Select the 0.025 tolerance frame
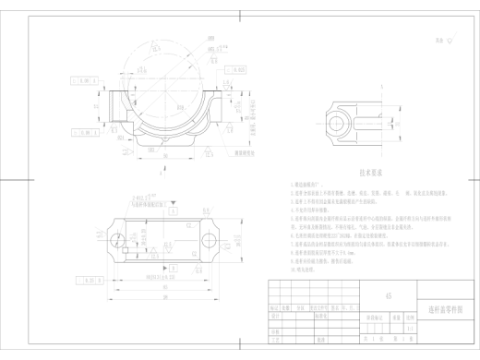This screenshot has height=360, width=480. (238, 69)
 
